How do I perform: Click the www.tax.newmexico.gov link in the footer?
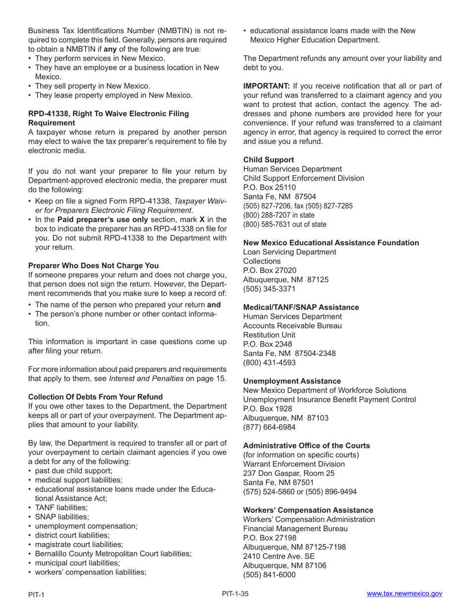coord(404,594)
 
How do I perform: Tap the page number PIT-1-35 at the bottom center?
coord(235,594)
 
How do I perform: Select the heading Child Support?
coord(268,160)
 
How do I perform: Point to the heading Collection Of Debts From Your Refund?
coord(95,397)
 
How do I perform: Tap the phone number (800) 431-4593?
coord(269,362)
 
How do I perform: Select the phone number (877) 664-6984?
coord(269,427)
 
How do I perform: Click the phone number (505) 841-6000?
coord(269,574)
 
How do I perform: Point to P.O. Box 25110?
coord(269,188)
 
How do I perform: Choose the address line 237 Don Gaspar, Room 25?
coord(288,473)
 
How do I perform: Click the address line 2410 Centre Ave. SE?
coord(279,556)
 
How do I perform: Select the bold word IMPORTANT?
coord(266,86)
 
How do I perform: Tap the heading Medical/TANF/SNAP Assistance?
coord(301,307)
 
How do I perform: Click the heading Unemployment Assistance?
coord(292,381)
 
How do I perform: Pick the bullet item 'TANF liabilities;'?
coord(61,507)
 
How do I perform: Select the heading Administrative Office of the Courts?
coord(306,446)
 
